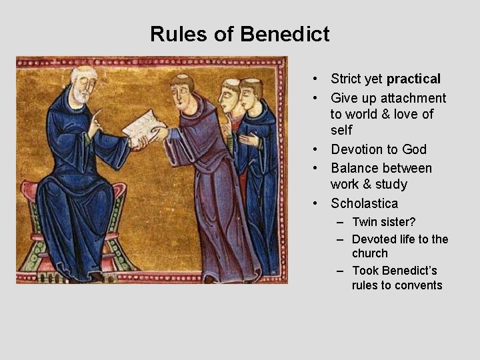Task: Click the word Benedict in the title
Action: click(x=289, y=33)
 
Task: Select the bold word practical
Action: click(x=411, y=79)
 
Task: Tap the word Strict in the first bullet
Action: click(x=347, y=79)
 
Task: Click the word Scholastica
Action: click(x=364, y=203)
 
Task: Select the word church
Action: click(x=370, y=253)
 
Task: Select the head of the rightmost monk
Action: click(x=250, y=93)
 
